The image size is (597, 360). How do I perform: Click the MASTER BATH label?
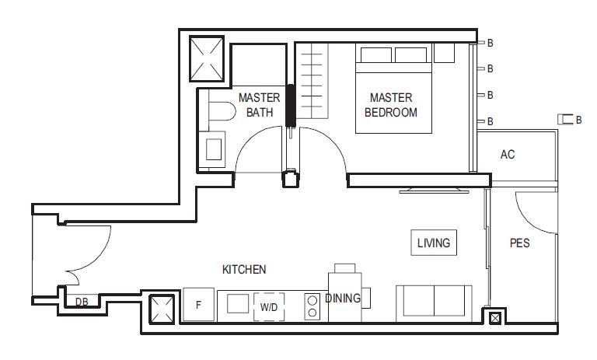coord(260,105)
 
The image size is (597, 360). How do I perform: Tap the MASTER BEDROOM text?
coord(391,105)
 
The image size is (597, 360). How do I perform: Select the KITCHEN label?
coord(244,269)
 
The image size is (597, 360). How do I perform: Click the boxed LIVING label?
coord(434,243)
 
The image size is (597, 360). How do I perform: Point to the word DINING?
coord(343,298)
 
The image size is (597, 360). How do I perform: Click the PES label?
coord(520,243)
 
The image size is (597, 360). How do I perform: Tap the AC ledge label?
coord(508,154)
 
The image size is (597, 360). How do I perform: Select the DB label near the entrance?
coord(82,302)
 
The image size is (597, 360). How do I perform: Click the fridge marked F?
coord(198,304)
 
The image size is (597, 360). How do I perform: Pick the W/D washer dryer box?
coord(269,306)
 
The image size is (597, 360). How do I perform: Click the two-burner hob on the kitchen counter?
coord(312,306)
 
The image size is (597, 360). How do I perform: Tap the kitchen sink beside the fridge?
coord(238,303)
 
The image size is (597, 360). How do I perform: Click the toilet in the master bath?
coord(222,111)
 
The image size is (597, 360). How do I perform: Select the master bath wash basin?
coord(213,149)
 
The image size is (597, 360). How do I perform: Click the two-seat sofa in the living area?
coord(434,303)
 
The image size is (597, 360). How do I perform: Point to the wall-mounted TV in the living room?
coord(434,190)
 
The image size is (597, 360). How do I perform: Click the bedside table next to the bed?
coord(444,53)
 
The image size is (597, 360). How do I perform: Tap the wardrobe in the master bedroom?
coord(312,80)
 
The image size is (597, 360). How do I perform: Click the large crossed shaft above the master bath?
coord(207,58)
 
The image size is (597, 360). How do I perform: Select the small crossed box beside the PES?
coord(494,318)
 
